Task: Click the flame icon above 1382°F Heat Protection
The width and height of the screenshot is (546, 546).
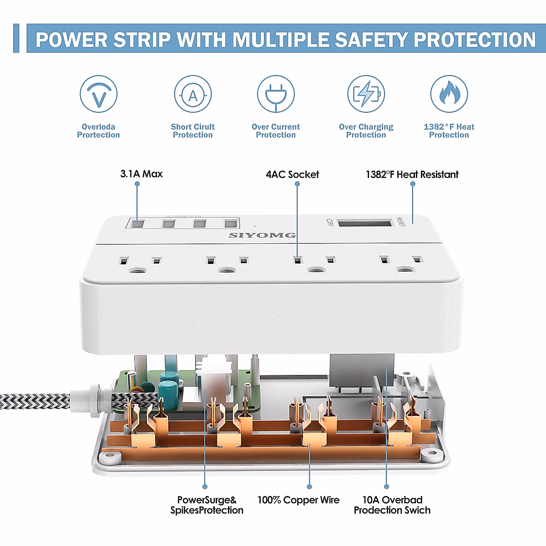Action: [x=449, y=94]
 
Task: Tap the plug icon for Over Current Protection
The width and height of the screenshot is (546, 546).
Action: [x=276, y=94]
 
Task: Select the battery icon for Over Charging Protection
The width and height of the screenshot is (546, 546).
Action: [x=366, y=94]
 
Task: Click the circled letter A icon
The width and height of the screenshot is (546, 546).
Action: [x=193, y=95]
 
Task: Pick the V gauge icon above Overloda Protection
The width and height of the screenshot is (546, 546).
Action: [x=99, y=94]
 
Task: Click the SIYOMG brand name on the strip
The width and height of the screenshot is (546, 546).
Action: [x=262, y=235]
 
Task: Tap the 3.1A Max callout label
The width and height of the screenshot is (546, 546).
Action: [x=142, y=174]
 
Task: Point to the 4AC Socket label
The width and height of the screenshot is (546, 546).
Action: [x=293, y=175]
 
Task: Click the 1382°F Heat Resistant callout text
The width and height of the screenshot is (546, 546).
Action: [x=412, y=175]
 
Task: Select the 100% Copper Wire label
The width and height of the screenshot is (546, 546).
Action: [x=298, y=500]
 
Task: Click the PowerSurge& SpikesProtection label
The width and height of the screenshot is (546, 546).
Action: [x=207, y=505]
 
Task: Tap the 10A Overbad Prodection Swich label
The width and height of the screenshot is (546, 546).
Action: [x=392, y=505]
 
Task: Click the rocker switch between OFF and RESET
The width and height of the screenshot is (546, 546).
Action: [x=365, y=223]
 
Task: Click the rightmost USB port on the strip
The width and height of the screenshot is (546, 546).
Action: [x=230, y=223]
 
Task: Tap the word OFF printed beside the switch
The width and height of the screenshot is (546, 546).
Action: [x=330, y=222]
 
